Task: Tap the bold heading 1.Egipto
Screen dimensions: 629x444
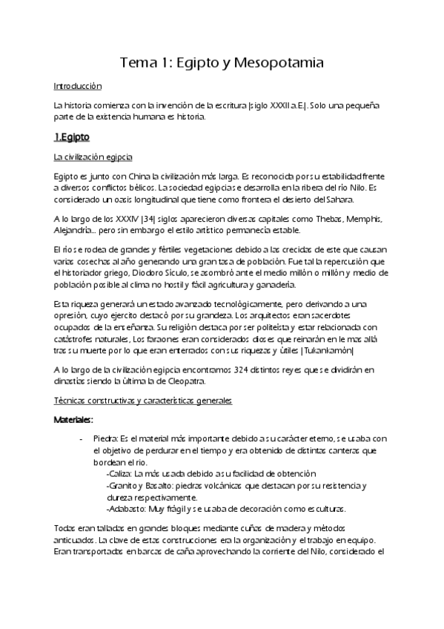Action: (72, 137)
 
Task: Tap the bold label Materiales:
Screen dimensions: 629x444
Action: (73, 420)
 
